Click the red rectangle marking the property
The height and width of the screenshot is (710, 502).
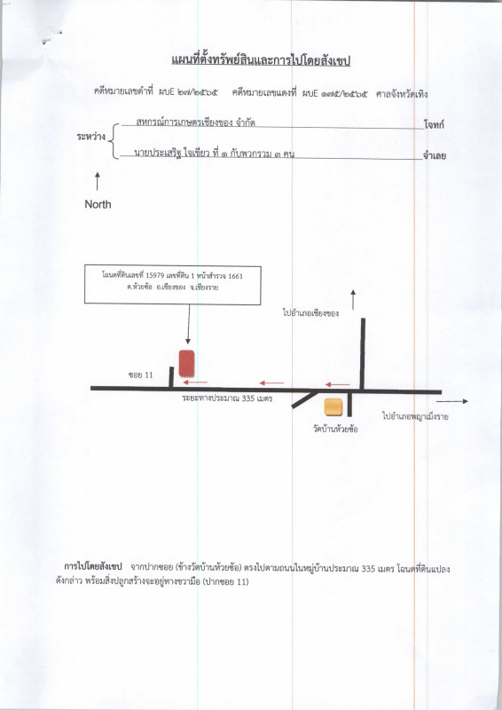point(186,364)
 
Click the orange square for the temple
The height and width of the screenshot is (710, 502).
point(333,406)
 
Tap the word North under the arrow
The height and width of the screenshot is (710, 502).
point(98,204)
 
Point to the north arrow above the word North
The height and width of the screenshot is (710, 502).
point(98,181)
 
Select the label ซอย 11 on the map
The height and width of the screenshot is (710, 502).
point(141,375)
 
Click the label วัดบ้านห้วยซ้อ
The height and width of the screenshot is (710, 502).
point(335,429)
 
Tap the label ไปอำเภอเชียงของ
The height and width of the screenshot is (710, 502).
point(310,313)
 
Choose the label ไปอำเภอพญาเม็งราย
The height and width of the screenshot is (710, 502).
point(415,416)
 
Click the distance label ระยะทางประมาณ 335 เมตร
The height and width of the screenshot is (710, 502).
point(227,398)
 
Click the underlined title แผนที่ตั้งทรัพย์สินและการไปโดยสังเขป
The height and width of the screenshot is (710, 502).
point(261,60)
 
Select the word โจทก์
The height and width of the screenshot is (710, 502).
point(434,125)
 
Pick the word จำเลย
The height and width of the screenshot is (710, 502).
point(435,156)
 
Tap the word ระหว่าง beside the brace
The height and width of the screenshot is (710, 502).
point(91,137)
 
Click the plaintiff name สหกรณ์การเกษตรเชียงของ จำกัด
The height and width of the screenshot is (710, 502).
point(195,122)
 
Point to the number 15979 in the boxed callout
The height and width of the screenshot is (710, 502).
point(155,276)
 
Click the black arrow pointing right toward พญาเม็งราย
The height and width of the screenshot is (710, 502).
point(452,401)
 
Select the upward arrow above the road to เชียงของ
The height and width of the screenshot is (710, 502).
point(353,300)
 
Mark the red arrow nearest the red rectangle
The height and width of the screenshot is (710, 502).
point(195,383)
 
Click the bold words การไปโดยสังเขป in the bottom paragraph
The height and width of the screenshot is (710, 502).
point(93,567)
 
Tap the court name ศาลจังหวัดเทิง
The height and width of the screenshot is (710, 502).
point(402,94)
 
